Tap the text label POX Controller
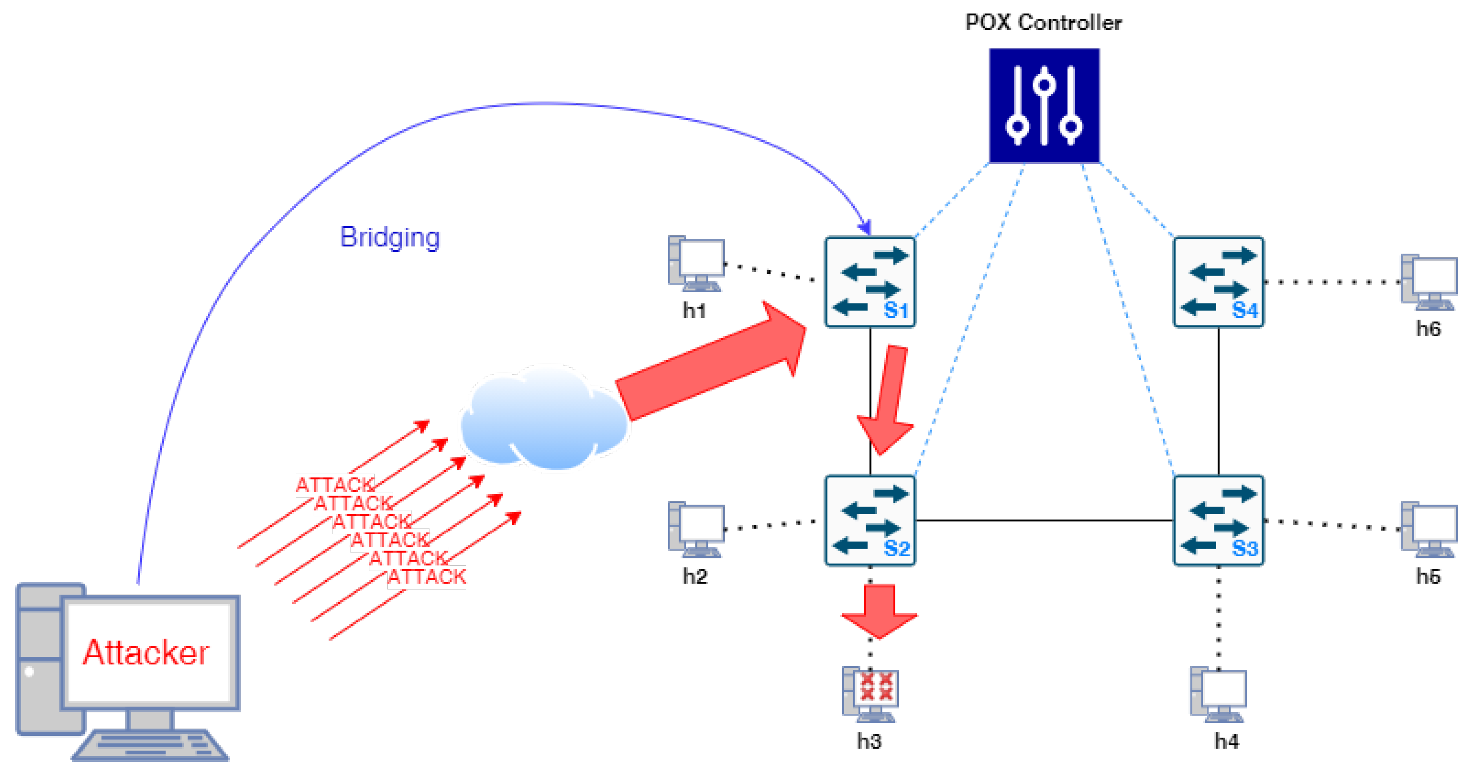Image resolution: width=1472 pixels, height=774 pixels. point(1043,23)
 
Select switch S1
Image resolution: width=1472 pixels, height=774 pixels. point(870,282)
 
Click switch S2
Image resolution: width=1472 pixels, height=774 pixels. point(870,520)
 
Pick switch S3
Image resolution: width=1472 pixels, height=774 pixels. point(1218,520)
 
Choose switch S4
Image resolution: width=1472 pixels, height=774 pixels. point(1218,282)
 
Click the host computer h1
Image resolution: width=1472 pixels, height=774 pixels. point(696,264)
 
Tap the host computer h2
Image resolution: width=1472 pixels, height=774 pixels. point(696,529)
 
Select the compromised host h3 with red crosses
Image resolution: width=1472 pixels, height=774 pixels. point(870,693)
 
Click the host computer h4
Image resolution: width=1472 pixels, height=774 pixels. point(1218,693)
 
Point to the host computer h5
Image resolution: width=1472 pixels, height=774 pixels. point(1428,529)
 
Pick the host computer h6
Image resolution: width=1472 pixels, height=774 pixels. point(1428,282)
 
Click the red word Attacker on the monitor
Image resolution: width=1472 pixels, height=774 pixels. point(146,652)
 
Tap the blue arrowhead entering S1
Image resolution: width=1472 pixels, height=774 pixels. point(866,228)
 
